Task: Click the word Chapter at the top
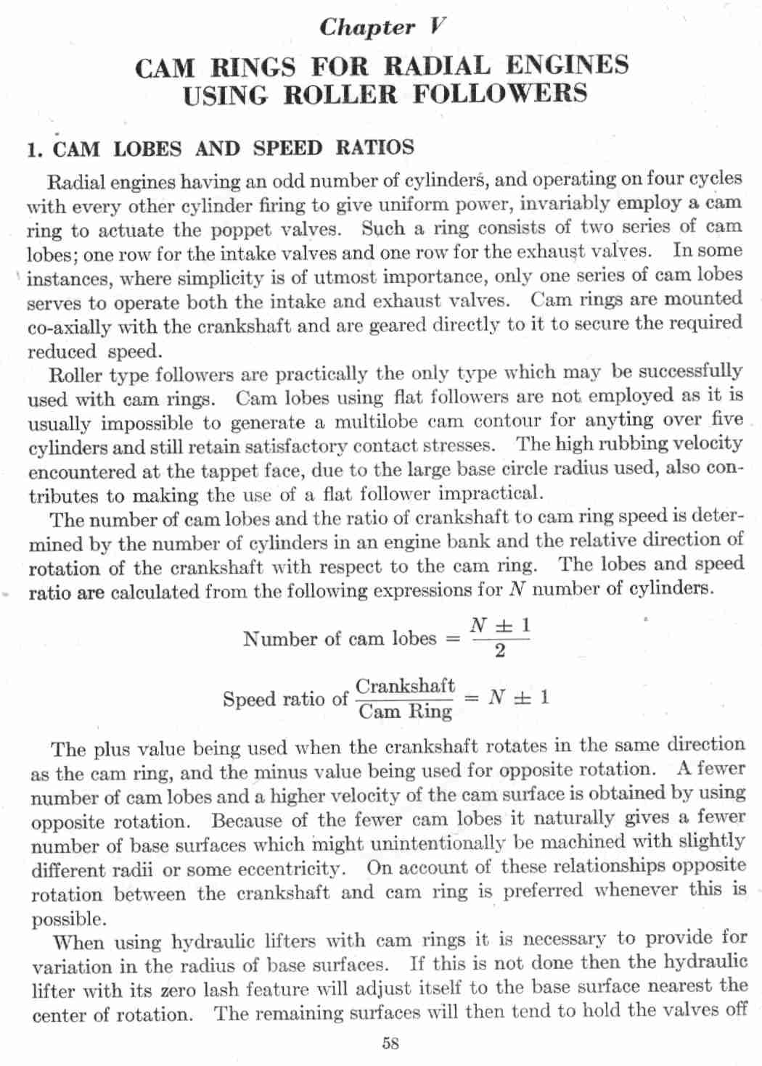click(366, 28)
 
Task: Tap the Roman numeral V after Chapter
click(435, 27)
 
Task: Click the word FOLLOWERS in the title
click(500, 94)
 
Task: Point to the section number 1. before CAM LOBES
click(35, 150)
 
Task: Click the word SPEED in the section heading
click(287, 149)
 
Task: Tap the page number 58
click(390, 1044)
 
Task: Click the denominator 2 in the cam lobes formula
click(499, 651)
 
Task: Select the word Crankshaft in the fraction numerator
click(405, 686)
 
